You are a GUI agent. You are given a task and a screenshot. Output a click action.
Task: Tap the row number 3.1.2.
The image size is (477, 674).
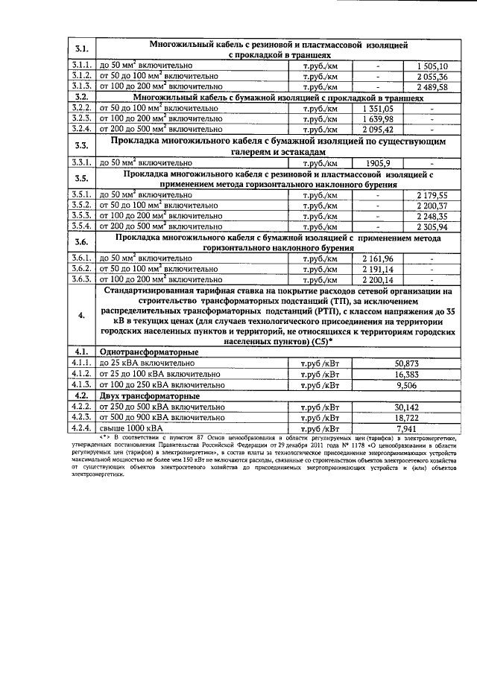point(82,76)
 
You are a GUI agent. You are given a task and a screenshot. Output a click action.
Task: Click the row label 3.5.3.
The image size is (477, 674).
point(82,216)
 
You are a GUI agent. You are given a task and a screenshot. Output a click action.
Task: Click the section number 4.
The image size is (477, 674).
point(82,316)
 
